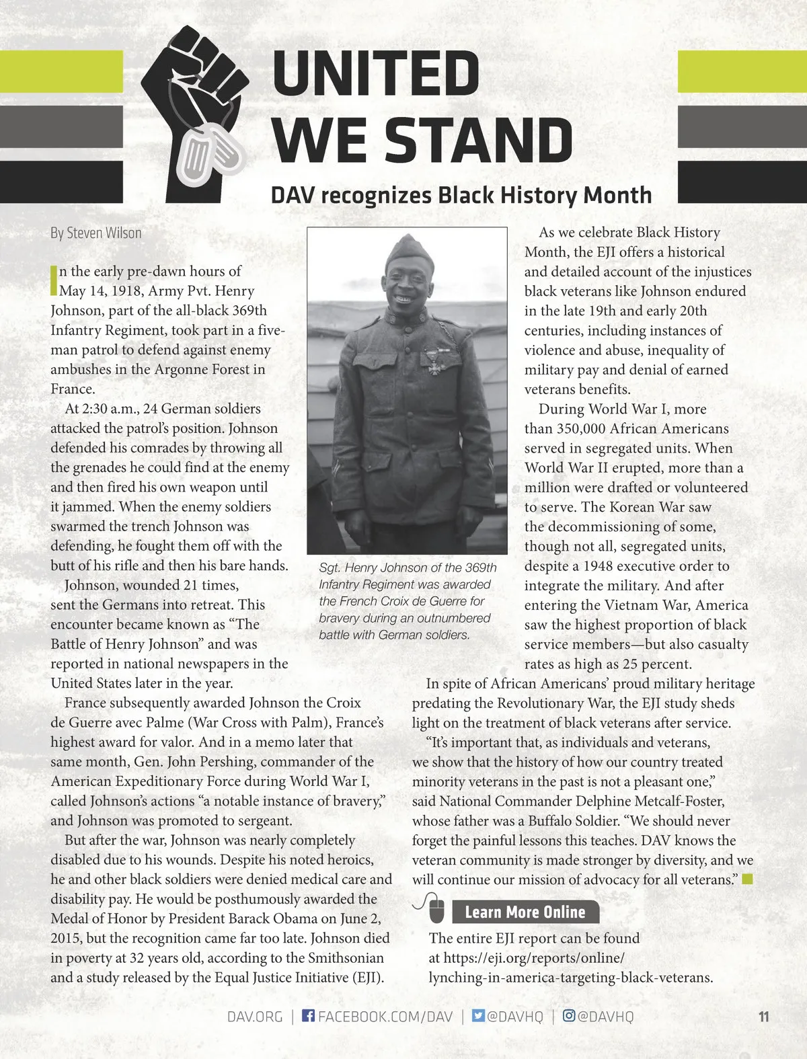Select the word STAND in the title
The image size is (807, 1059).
click(478, 140)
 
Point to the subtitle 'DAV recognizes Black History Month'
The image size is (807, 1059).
click(461, 195)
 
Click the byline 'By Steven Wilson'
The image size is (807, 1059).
click(96, 233)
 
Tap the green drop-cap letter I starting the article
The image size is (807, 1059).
click(54, 281)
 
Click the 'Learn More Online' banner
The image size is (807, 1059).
click(525, 912)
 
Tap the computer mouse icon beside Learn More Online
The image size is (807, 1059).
click(436, 910)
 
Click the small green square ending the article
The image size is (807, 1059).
click(747, 879)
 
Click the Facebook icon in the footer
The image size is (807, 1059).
click(308, 1015)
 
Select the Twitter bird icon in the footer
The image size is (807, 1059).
click(478, 1015)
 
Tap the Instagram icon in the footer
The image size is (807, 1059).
click(568, 1015)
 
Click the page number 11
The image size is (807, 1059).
click(763, 1016)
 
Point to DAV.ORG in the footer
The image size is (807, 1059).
click(255, 1016)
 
